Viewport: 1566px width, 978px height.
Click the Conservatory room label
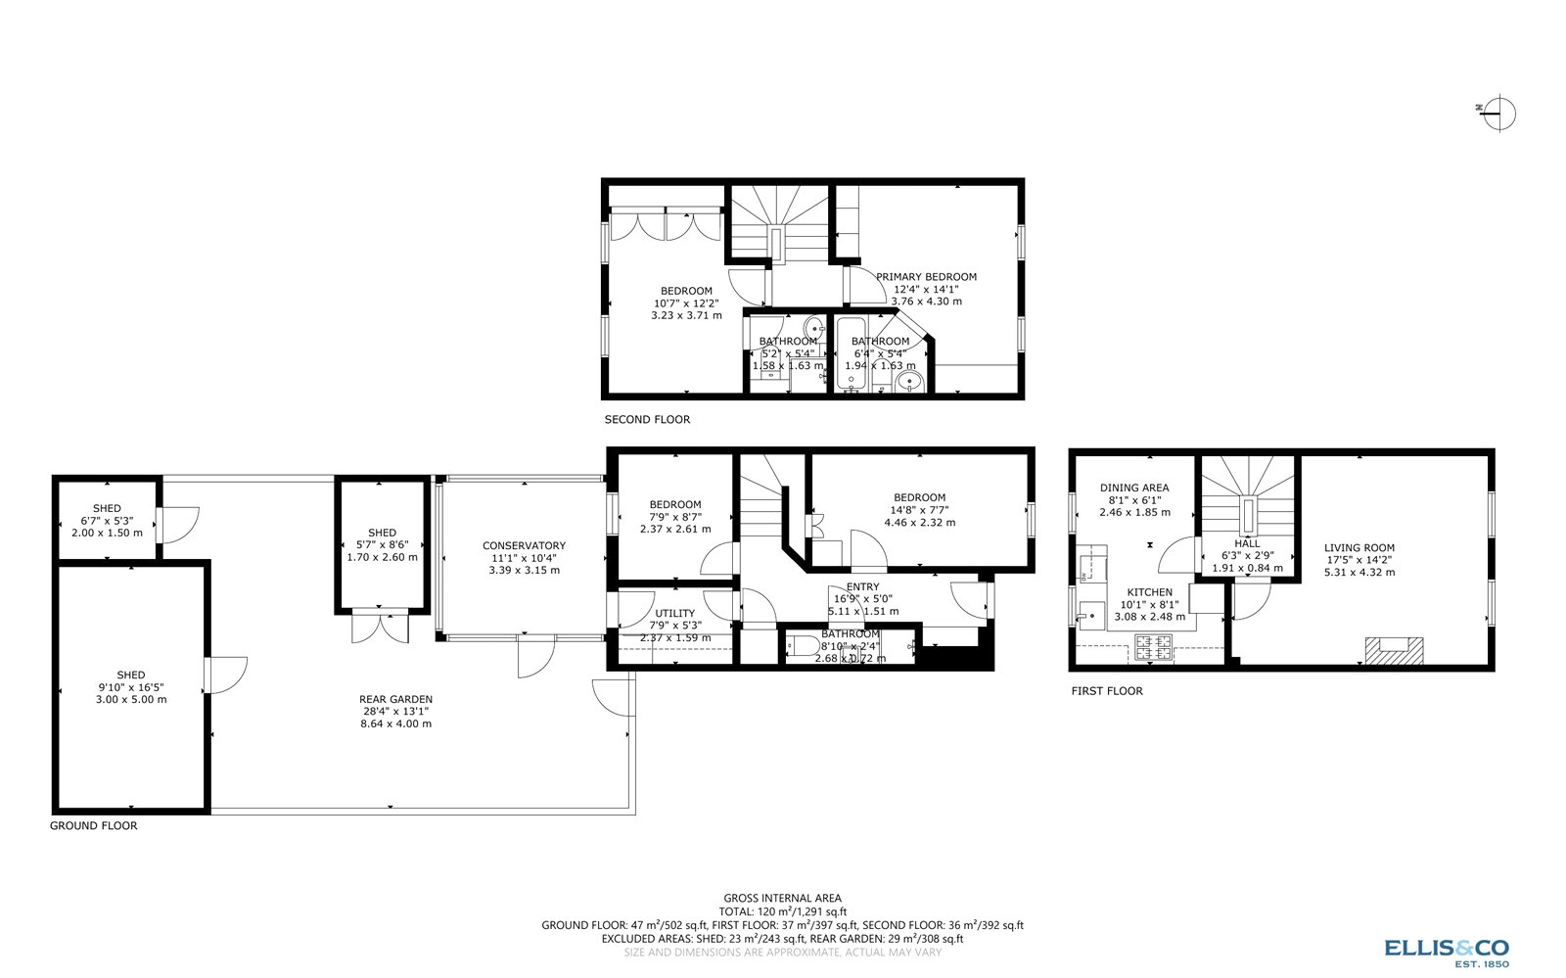[524, 546]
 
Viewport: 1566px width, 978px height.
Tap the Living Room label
[1359, 548]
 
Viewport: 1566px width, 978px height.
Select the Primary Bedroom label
[926, 277]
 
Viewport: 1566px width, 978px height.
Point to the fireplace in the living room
[1395, 649]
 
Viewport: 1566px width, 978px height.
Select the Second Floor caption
[647, 420]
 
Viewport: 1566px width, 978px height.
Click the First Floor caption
[1107, 691]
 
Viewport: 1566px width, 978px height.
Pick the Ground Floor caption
[94, 826]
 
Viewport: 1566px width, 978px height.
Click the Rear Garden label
[395, 700]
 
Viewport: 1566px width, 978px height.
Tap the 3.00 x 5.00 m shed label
[131, 700]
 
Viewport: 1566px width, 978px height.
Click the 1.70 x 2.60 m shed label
[382, 557]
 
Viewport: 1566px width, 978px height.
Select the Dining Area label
[1134, 488]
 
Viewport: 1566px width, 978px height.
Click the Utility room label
[674, 614]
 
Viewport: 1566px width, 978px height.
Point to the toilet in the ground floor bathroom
[804, 647]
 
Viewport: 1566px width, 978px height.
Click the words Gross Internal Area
[782, 898]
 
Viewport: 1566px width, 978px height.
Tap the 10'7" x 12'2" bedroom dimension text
[686, 303]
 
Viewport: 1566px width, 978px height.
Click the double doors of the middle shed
[381, 627]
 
